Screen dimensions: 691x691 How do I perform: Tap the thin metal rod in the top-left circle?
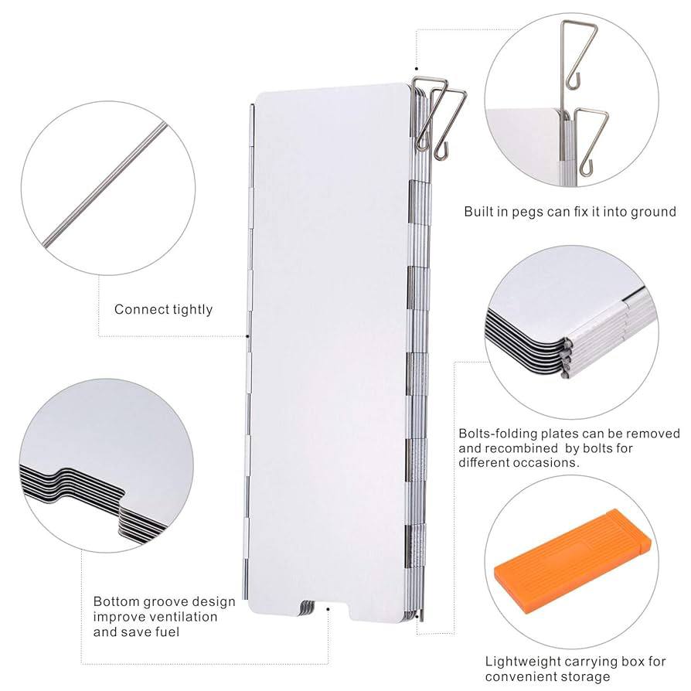tap(106, 184)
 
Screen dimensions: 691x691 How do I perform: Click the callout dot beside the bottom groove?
tap(328, 609)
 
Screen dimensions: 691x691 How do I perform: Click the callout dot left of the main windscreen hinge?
tap(247, 336)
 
